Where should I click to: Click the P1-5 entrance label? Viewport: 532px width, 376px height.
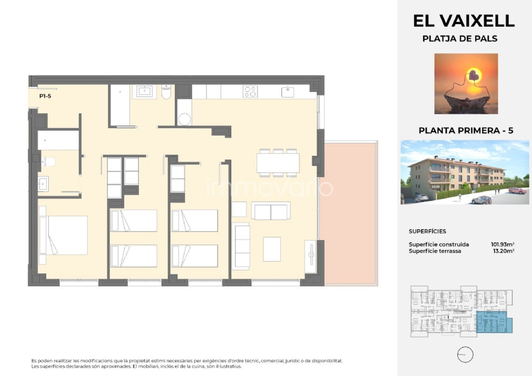[45, 96]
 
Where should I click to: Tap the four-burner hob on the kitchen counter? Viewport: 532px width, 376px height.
[250, 92]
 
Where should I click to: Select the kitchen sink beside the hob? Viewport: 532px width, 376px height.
[288, 92]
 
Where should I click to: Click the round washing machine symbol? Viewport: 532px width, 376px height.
[185, 119]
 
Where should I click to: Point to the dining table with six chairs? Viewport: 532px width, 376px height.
[278, 163]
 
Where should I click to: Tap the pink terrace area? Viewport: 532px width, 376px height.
[348, 213]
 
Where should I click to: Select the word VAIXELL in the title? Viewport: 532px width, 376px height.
[477, 21]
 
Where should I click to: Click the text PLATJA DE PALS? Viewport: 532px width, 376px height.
[460, 39]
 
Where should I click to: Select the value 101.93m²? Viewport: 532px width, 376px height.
[503, 244]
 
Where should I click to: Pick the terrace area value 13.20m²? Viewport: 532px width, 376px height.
[504, 251]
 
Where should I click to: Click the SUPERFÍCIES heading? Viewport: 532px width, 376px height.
[427, 231]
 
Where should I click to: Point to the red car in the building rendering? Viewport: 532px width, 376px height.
[518, 190]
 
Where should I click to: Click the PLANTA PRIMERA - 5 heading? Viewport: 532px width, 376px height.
[466, 130]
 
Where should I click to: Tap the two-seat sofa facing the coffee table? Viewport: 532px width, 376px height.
[271, 211]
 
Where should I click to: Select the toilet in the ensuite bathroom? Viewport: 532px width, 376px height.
[49, 162]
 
